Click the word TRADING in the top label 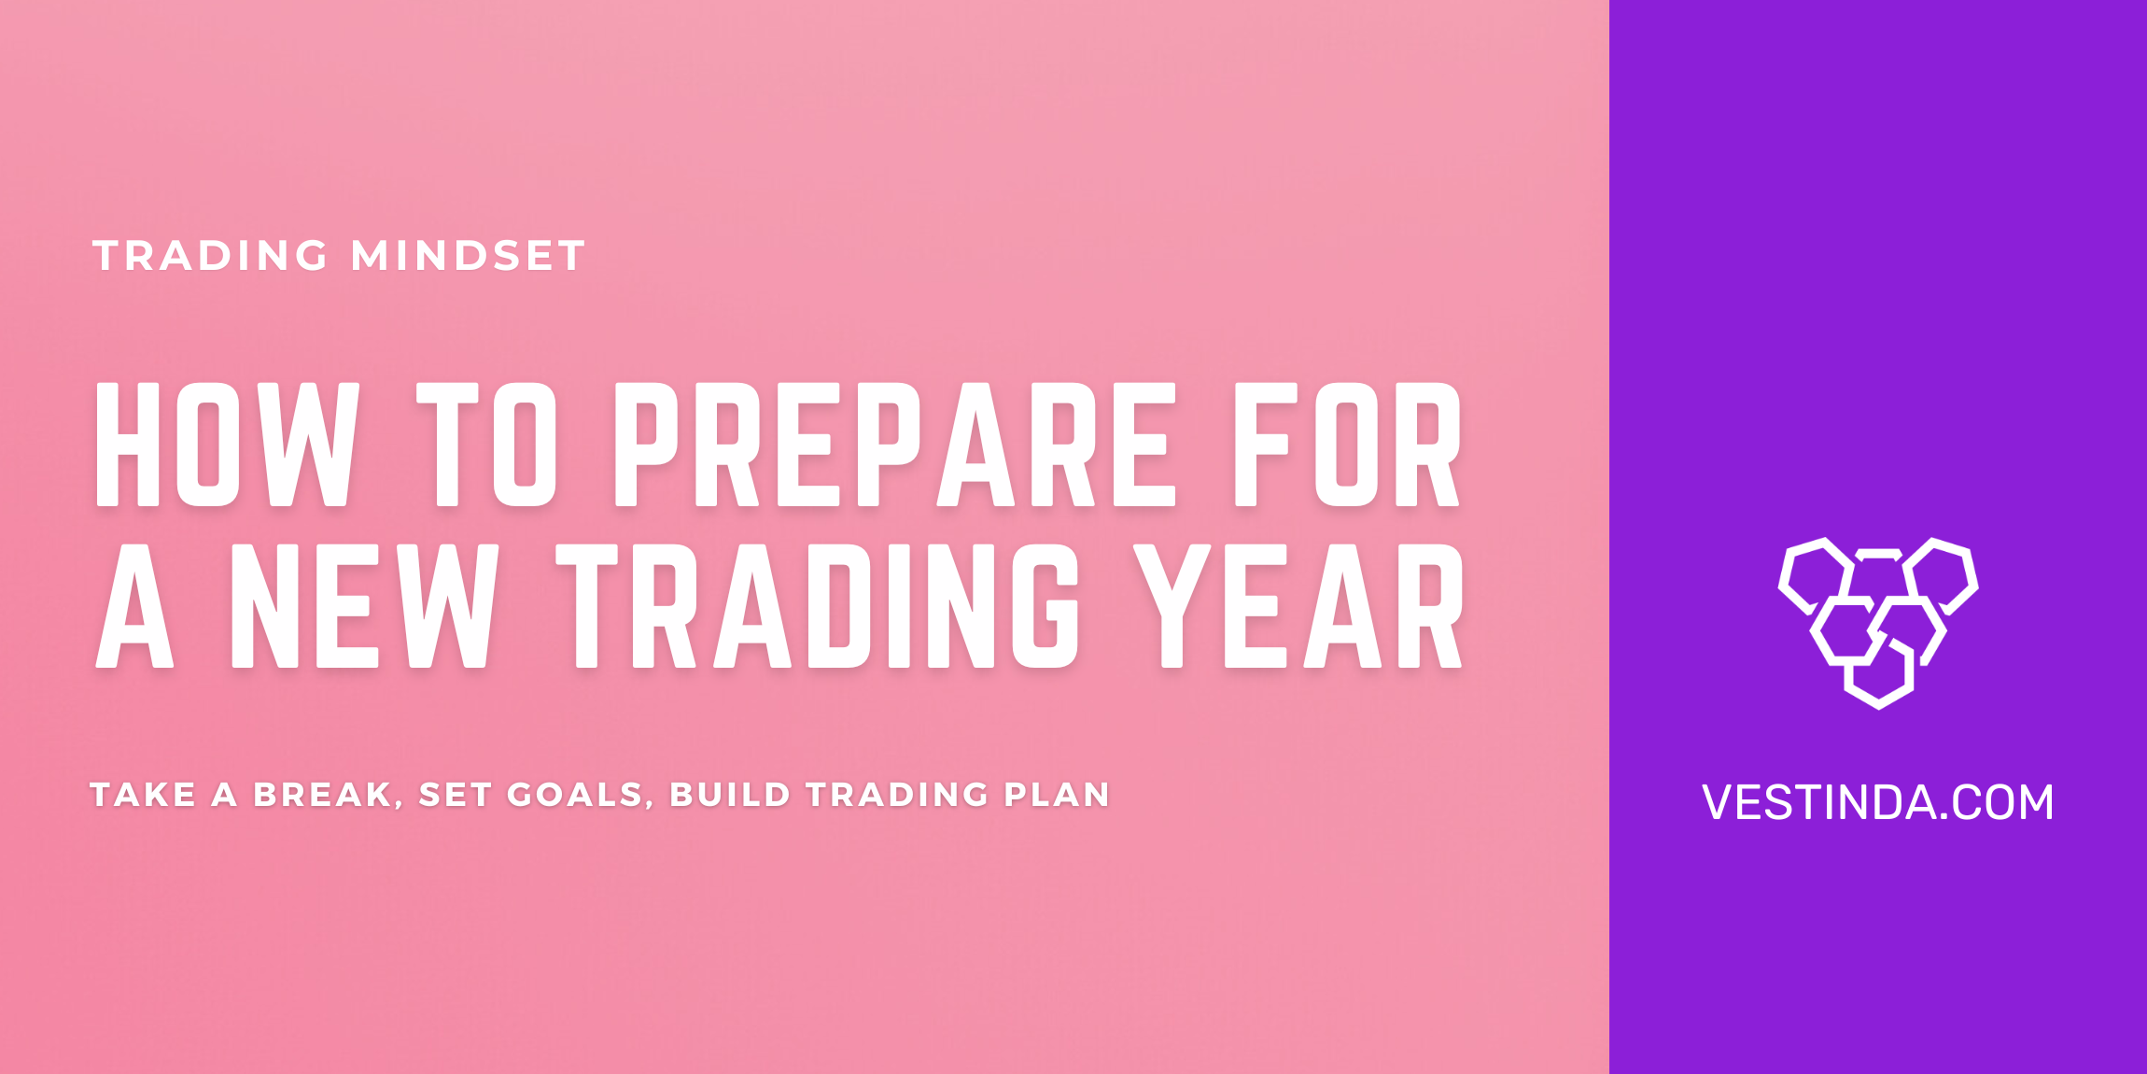[210, 256]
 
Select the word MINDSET [468, 256]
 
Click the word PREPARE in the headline [893, 445]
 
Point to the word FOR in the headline [1347, 445]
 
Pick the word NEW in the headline [364, 607]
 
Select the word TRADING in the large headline [818, 607]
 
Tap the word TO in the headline [486, 445]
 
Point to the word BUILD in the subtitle [730, 795]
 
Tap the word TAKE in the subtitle [143, 795]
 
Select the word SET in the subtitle [455, 795]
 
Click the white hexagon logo [1877, 622]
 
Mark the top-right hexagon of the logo [1943, 574]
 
